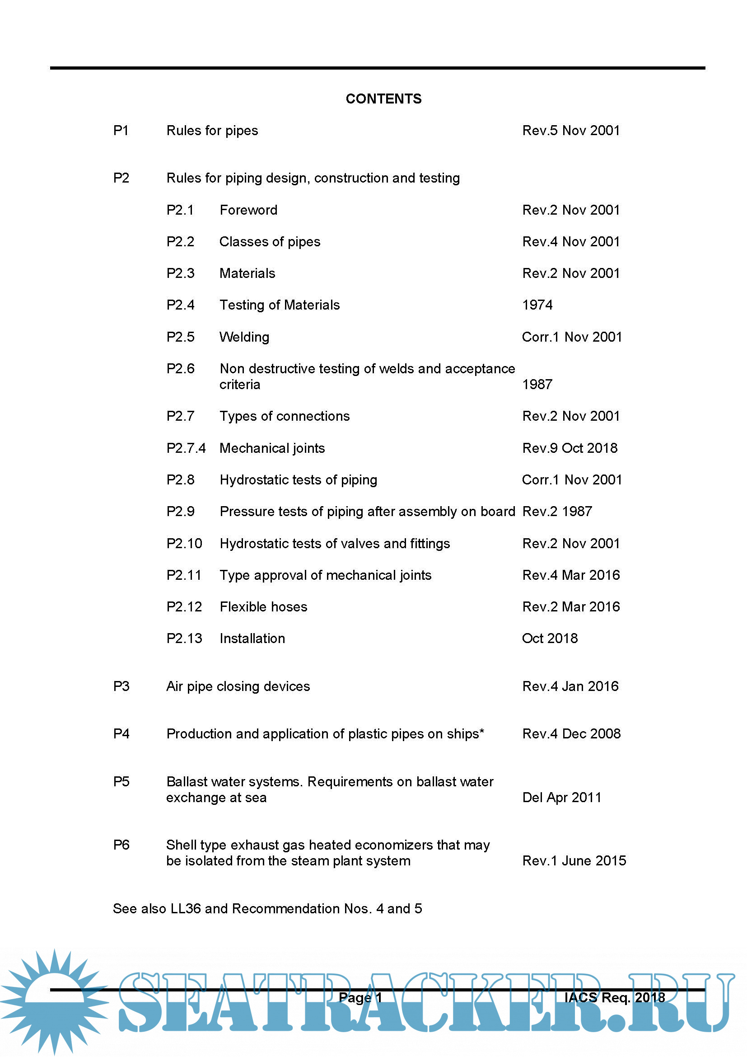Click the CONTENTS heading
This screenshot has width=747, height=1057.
(x=383, y=99)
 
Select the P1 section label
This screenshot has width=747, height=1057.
(x=121, y=131)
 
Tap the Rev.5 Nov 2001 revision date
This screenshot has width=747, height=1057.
(x=571, y=131)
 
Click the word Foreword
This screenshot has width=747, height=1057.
(x=248, y=211)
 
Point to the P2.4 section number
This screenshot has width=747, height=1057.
(x=180, y=305)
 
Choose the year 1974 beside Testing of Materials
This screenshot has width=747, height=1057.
(x=537, y=305)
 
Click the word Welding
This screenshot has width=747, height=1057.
(x=244, y=337)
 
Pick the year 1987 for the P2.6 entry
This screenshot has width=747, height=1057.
(x=537, y=385)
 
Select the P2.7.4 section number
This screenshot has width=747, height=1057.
(x=186, y=448)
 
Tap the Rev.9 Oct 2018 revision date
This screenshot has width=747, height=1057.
(x=570, y=448)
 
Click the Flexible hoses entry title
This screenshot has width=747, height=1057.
(x=263, y=607)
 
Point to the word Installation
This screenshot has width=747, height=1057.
(x=252, y=639)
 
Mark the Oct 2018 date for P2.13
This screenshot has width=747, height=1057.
(x=550, y=639)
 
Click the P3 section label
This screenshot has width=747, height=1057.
(x=121, y=686)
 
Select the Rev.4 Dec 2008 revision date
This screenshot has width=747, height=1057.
(x=571, y=734)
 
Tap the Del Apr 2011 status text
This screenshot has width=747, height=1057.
(x=562, y=798)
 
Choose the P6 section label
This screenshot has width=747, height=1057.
(x=121, y=845)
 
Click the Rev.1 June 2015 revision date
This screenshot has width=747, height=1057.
(x=574, y=861)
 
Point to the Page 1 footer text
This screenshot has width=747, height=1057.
(x=360, y=998)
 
